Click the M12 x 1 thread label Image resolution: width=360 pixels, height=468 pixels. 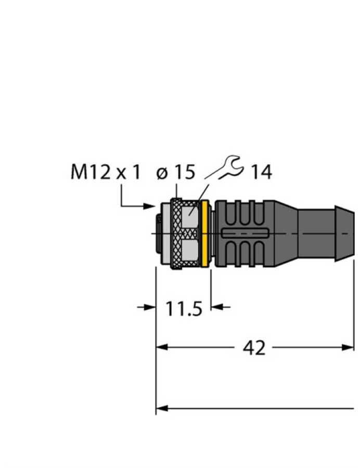[x=105, y=172]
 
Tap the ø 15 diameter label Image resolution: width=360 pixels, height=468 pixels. [x=175, y=172]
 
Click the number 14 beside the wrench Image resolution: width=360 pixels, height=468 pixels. [x=262, y=173]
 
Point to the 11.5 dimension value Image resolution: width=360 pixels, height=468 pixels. [x=184, y=308]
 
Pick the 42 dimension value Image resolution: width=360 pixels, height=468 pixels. [x=254, y=348]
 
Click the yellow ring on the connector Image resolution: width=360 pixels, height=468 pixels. [x=205, y=234]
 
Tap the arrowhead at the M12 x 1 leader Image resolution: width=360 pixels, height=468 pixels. [x=149, y=206]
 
